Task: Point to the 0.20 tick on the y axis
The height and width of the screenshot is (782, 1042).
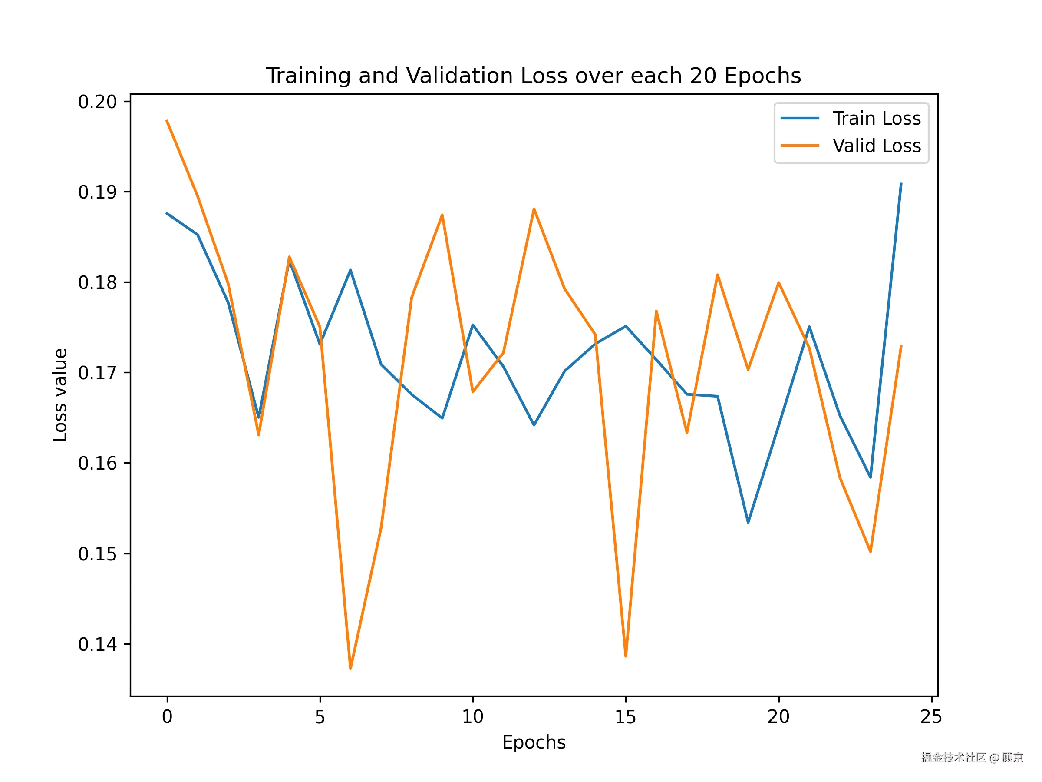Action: click(98, 102)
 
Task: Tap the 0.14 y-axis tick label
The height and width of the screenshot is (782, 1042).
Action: click(98, 644)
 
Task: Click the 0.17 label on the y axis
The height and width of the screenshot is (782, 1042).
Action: click(98, 373)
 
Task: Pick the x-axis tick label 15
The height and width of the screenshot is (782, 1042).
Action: click(625, 717)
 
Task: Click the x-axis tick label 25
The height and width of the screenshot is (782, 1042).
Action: click(931, 717)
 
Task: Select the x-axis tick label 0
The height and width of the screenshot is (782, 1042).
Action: click(167, 717)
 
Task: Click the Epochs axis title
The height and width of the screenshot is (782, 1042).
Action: click(534, 742)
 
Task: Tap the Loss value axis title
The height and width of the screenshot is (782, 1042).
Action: click(60, 395)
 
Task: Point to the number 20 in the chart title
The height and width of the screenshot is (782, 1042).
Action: click(703, 76)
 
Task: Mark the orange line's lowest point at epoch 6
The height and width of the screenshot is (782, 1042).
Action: click(350, 668)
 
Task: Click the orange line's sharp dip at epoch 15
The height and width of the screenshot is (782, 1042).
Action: click(626, 656)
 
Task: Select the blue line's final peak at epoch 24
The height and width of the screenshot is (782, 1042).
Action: click(901, 184)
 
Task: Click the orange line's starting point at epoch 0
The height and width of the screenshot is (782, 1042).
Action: click(167, 121)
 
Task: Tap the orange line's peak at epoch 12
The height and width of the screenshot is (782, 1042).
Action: click(534, 209)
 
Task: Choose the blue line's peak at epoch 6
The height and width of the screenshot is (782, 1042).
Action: click(350, 270)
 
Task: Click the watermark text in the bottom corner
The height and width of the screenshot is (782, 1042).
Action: click(972, 758)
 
